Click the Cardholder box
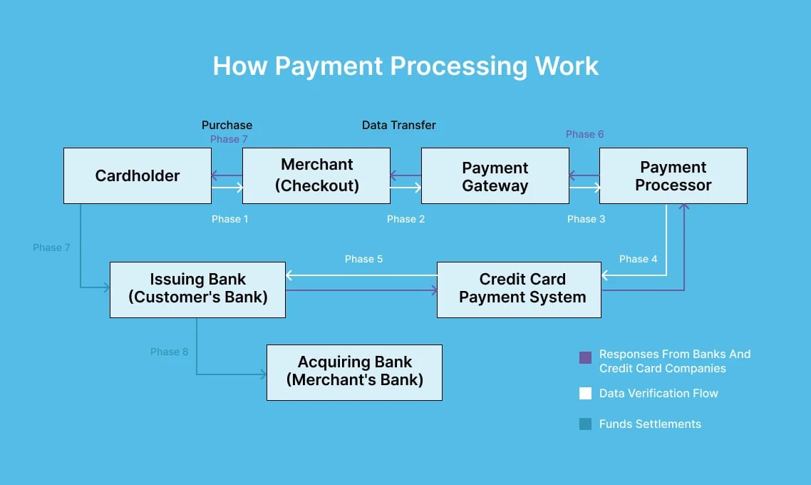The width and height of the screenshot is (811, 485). click(138, 175)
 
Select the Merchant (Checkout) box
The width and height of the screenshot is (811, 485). click(316, 175)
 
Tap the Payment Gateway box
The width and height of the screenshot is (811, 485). click(495, 176)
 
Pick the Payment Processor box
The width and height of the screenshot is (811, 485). click(673, 175)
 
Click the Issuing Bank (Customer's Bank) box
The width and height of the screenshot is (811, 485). click(198, 289)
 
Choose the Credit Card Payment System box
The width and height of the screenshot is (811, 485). click(519, 289)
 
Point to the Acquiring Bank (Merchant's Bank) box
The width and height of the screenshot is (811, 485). click(354, 372)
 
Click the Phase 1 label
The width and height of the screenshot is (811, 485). click(230, 219)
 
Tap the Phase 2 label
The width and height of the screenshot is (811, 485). click(405, 219)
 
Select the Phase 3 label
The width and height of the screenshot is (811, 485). click(586, 219)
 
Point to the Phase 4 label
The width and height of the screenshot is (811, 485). click(639, 259)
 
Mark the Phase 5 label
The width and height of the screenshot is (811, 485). click(363, 259)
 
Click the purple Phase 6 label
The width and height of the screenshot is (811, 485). click(584, 134)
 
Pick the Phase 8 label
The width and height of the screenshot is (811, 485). click(169, 352)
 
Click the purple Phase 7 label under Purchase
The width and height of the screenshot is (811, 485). click(229, 139)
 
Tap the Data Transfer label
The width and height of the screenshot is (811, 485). click(399, 125)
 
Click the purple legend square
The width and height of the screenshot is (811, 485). click(586, 358)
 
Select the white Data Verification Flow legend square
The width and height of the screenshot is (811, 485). click(586, 393)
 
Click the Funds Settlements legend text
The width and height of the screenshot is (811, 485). click(650, 424)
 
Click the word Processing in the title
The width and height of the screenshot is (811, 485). click(460, 66)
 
